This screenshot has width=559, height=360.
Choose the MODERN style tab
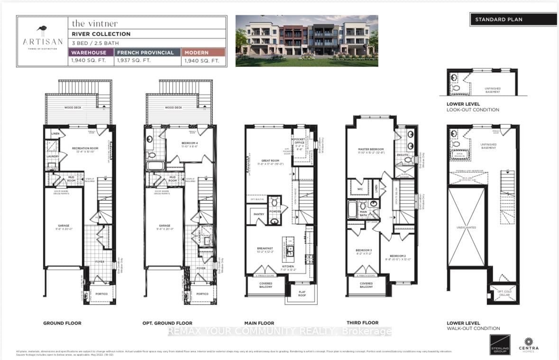point(203,52)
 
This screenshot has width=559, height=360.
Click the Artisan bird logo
point(42,31)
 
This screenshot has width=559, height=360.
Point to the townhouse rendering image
point(307,40)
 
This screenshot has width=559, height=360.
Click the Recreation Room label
point(84,148)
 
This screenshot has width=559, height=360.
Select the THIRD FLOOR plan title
point(365,323)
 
